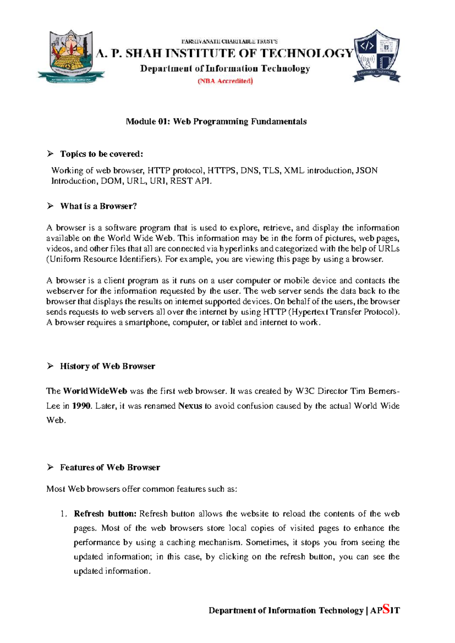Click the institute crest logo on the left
coord(71,56)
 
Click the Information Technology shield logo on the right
coord(376,56)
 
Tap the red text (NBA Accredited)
coord(225,81)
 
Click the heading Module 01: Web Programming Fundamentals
coord(216,122)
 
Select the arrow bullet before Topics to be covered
coord(50,154)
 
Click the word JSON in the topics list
coord(367,171)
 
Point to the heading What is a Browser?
coord(98,206)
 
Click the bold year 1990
coord(82,406)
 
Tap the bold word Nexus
coord(190,406)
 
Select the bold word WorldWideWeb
coord(95,391)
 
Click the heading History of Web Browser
coord(107,366)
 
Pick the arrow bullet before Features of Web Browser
coord(50,467)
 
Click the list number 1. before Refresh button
coord(63,514)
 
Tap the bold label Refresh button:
coord(105,514)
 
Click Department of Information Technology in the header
coord(225,69)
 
